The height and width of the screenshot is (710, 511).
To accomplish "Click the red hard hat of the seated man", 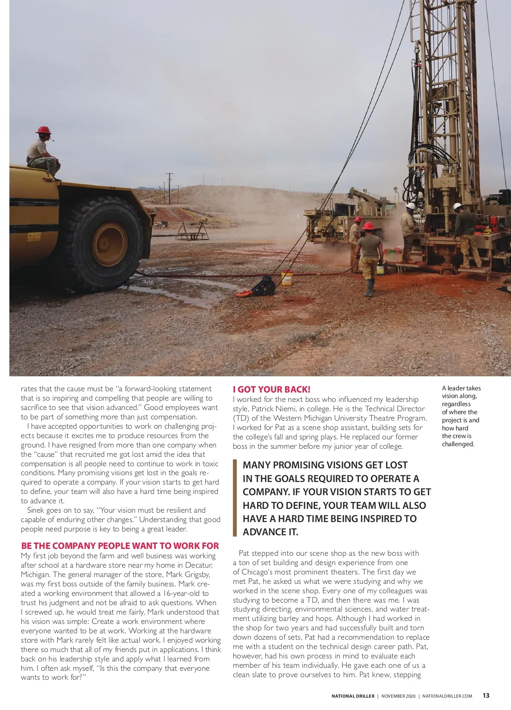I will coord(43,130).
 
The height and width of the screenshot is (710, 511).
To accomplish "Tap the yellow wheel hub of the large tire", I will coord(109,244).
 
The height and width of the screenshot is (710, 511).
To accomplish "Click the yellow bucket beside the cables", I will coord(287,277).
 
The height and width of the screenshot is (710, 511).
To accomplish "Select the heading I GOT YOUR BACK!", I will coord(272,389).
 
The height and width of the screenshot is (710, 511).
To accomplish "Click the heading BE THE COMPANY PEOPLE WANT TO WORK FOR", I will coord(120,546).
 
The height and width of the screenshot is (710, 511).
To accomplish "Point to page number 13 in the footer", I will coord(486,696).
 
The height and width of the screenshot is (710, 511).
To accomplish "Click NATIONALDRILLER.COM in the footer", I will coord(447,696).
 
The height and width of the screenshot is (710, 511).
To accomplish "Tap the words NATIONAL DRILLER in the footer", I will coord(353,696).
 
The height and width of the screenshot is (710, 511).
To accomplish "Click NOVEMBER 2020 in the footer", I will coord(398,696).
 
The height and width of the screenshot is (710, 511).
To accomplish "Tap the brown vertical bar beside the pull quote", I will coord(235,498).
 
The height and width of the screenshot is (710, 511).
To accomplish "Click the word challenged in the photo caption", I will coord(458,444).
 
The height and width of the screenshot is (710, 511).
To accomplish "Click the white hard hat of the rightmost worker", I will coord(457,206).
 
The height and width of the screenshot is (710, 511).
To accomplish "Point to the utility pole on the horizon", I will coord(169,188).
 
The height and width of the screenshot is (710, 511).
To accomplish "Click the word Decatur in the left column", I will coord(198,565).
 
